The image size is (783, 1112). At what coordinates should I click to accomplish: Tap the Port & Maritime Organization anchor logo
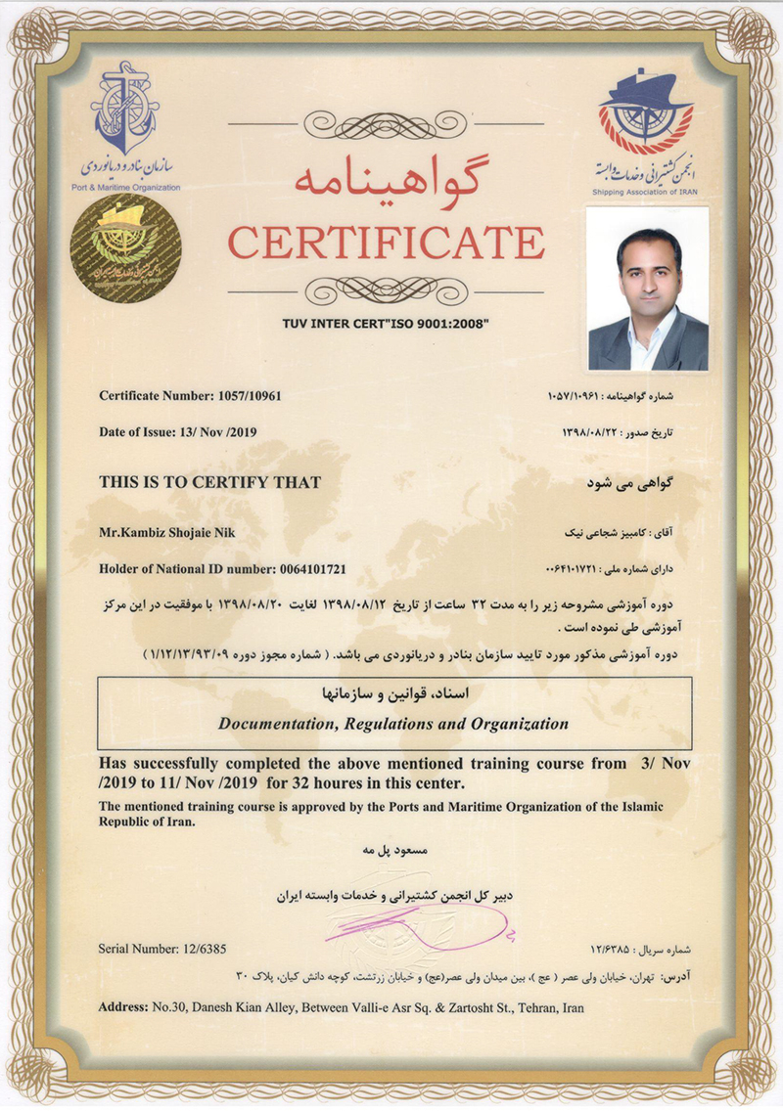tap(124, 108)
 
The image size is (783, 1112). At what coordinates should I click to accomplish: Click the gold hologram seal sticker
tap(124, 249)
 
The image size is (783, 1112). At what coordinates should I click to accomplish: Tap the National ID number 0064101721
tap(302, 568)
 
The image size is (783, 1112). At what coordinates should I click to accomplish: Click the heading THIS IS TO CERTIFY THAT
tap(209, 482)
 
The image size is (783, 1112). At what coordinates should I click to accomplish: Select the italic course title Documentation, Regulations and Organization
tap(393, 725)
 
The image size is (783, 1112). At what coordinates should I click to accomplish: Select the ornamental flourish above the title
tap(386, 123)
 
